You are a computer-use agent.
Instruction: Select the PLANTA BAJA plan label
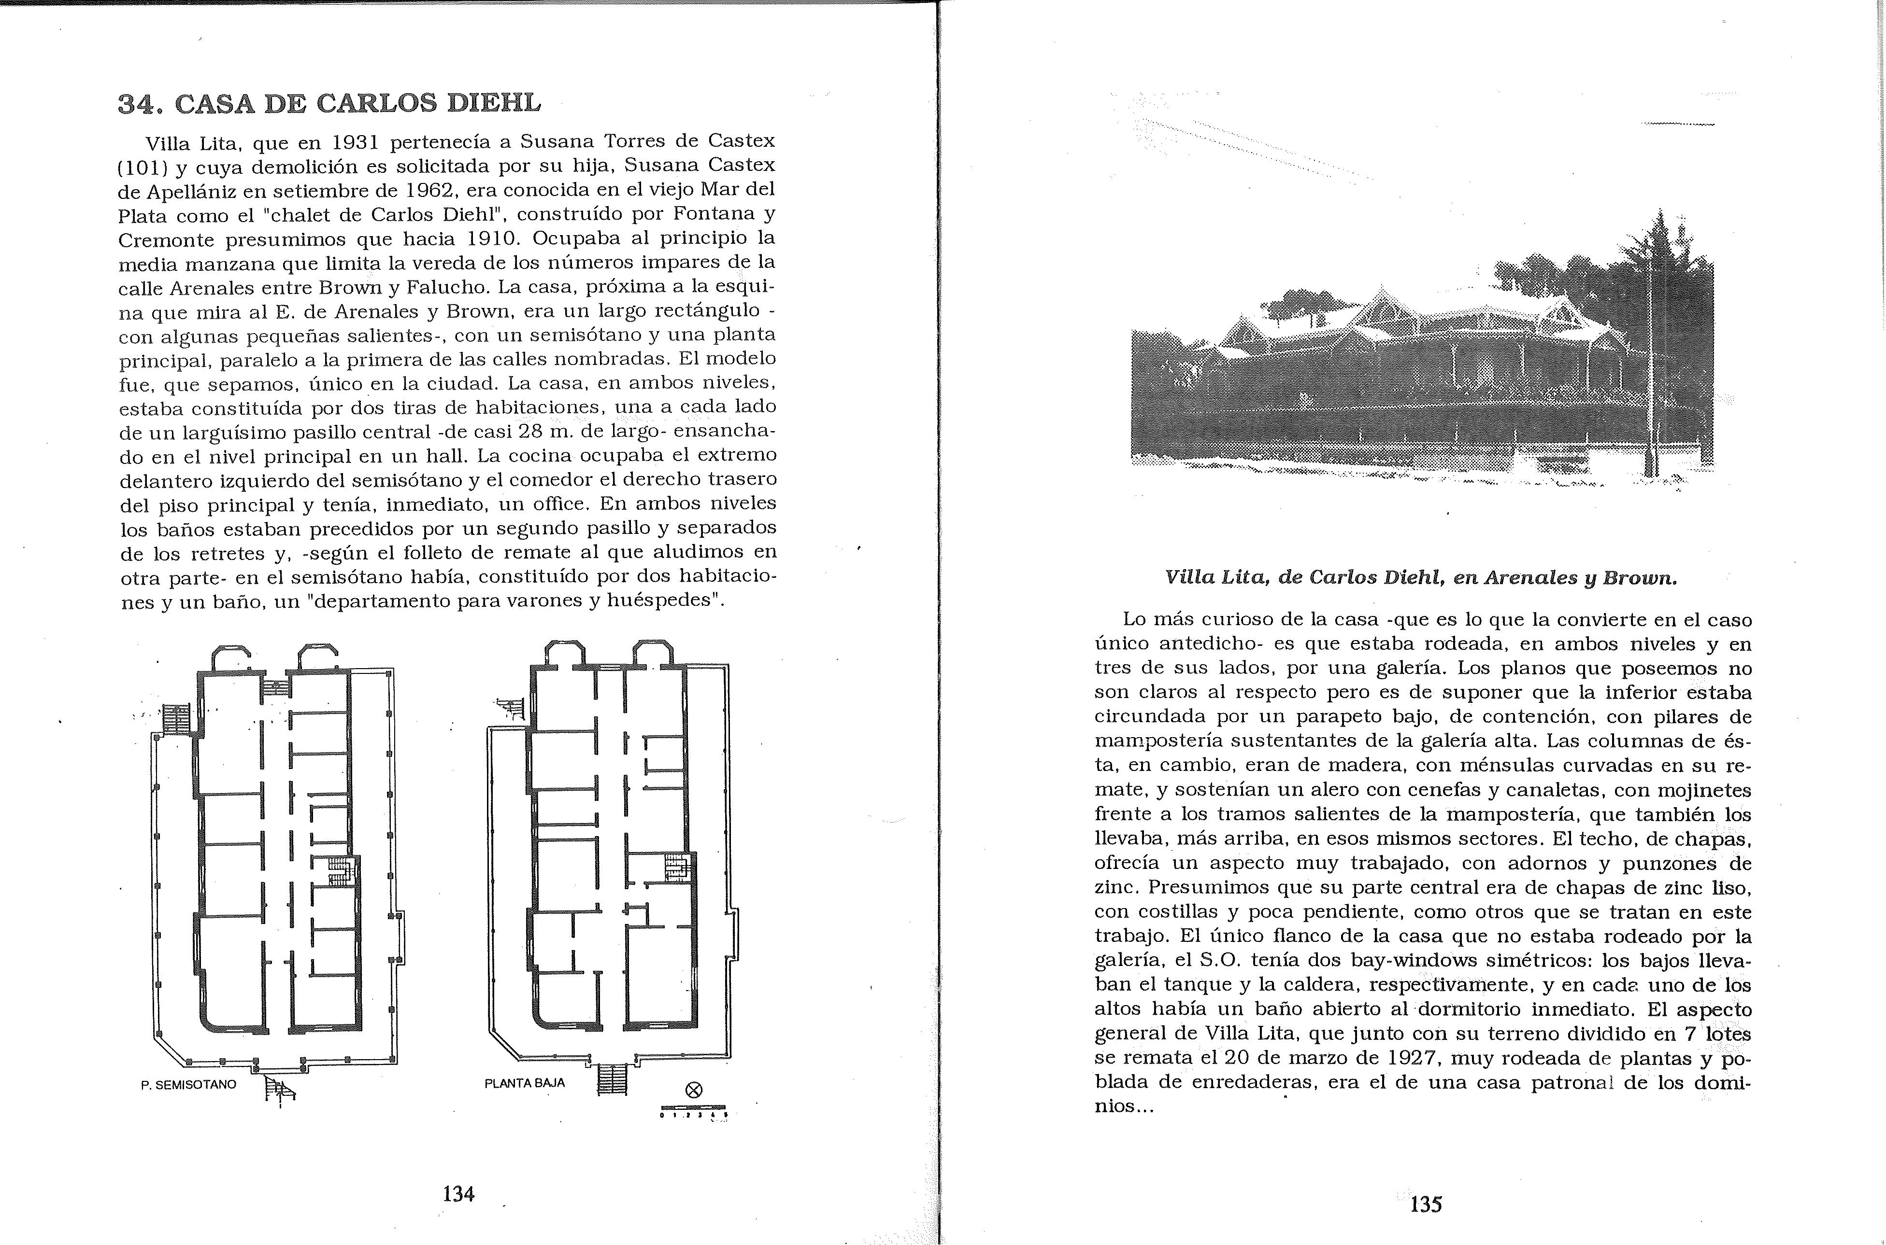pyautogui.click(x=524, y=1082)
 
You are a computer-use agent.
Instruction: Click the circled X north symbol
pyautogui.click(x=694, y=1090)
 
